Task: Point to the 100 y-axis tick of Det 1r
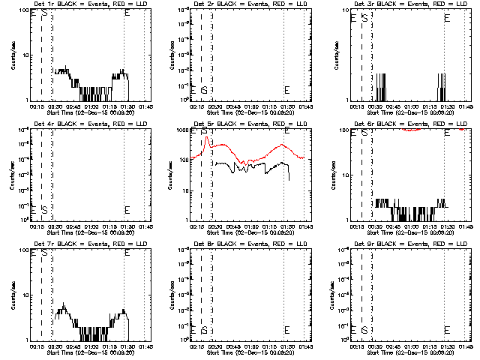click(23, 10)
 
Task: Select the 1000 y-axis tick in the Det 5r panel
click(183, 130)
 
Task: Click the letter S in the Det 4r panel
click(44, 209)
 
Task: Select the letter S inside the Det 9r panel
click(364, 329)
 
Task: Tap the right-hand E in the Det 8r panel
click(287, 329)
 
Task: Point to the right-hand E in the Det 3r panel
click(448, 14)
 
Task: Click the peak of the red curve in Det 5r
click(206, 137)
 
